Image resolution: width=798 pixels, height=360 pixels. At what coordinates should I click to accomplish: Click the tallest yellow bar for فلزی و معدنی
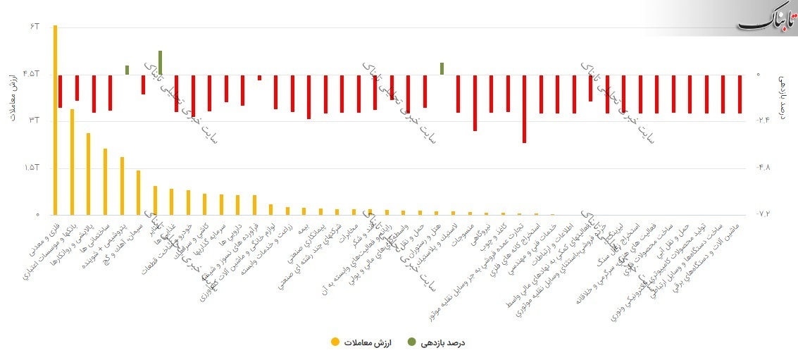pyautogui.click(x=56, y=120)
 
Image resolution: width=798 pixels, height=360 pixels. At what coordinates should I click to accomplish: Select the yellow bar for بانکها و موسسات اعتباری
pyautogui.click(x=72, y=162)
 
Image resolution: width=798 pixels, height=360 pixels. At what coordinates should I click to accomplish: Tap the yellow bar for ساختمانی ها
pyautogui.click(x=105, y=182)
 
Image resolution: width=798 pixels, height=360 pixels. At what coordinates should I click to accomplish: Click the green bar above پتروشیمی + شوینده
pyautogui.click(x=127, y=70)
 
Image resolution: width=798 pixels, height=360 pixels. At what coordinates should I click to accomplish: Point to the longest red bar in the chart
pyautogui.click(x=525, y=109)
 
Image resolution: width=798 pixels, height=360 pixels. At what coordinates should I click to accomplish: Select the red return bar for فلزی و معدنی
pyautogui.click(x=61, y=92)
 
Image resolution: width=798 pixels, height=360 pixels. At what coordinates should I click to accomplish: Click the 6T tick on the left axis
pyautogui.click(x=35, y=27)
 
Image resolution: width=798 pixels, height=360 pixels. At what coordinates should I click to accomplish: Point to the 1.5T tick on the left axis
pyautogui.click(x=32, y=168)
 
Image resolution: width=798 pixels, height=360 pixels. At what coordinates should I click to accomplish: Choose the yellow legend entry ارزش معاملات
pyautogui.click(x=360, y=342)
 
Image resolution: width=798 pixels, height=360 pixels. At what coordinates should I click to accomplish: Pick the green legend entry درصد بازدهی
pyautogui.click(x=444, y=342)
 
